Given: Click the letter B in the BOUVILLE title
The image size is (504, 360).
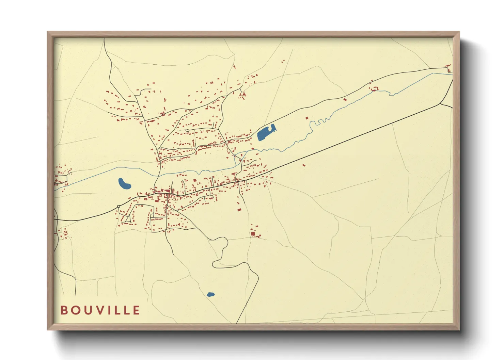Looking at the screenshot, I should (x=64, y=310).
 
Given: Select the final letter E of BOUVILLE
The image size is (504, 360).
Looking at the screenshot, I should (x=137, y=310).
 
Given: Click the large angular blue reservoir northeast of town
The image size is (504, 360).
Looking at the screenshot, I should (x=265, y=133).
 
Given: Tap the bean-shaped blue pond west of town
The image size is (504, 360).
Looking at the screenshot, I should (x=124, y=184).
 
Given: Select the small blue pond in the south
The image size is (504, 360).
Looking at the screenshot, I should (x=210, y=294).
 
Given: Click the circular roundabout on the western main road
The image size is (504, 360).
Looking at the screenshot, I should (x=119, y=207).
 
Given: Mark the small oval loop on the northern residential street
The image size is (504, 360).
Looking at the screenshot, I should (x=187, y=130).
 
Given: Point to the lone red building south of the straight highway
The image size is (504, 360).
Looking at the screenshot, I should (x=304, y=165).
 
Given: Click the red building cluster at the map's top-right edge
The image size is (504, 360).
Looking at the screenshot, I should (x=449, y=68).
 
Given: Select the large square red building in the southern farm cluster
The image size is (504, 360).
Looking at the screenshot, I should (x=253, y=234).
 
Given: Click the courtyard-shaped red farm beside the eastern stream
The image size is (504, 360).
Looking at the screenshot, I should (x=375, y=89).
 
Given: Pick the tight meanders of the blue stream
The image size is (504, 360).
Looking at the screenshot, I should (x=320, y=121).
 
